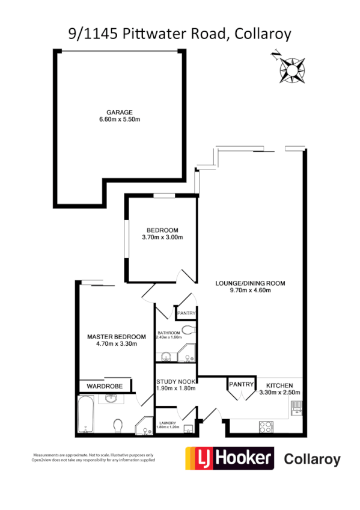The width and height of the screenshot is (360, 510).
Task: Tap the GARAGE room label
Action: coord(120,112)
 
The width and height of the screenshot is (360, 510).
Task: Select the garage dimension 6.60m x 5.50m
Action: coord(120,120)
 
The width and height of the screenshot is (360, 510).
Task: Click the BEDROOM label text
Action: coord(162,230)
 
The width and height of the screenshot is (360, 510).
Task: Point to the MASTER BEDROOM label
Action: coord(117,336)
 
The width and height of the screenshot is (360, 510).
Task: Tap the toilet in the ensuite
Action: coord(118,425)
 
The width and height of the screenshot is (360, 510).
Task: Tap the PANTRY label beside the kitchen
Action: coord(240,383)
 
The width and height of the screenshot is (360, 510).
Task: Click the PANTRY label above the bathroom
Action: coord(186,313)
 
